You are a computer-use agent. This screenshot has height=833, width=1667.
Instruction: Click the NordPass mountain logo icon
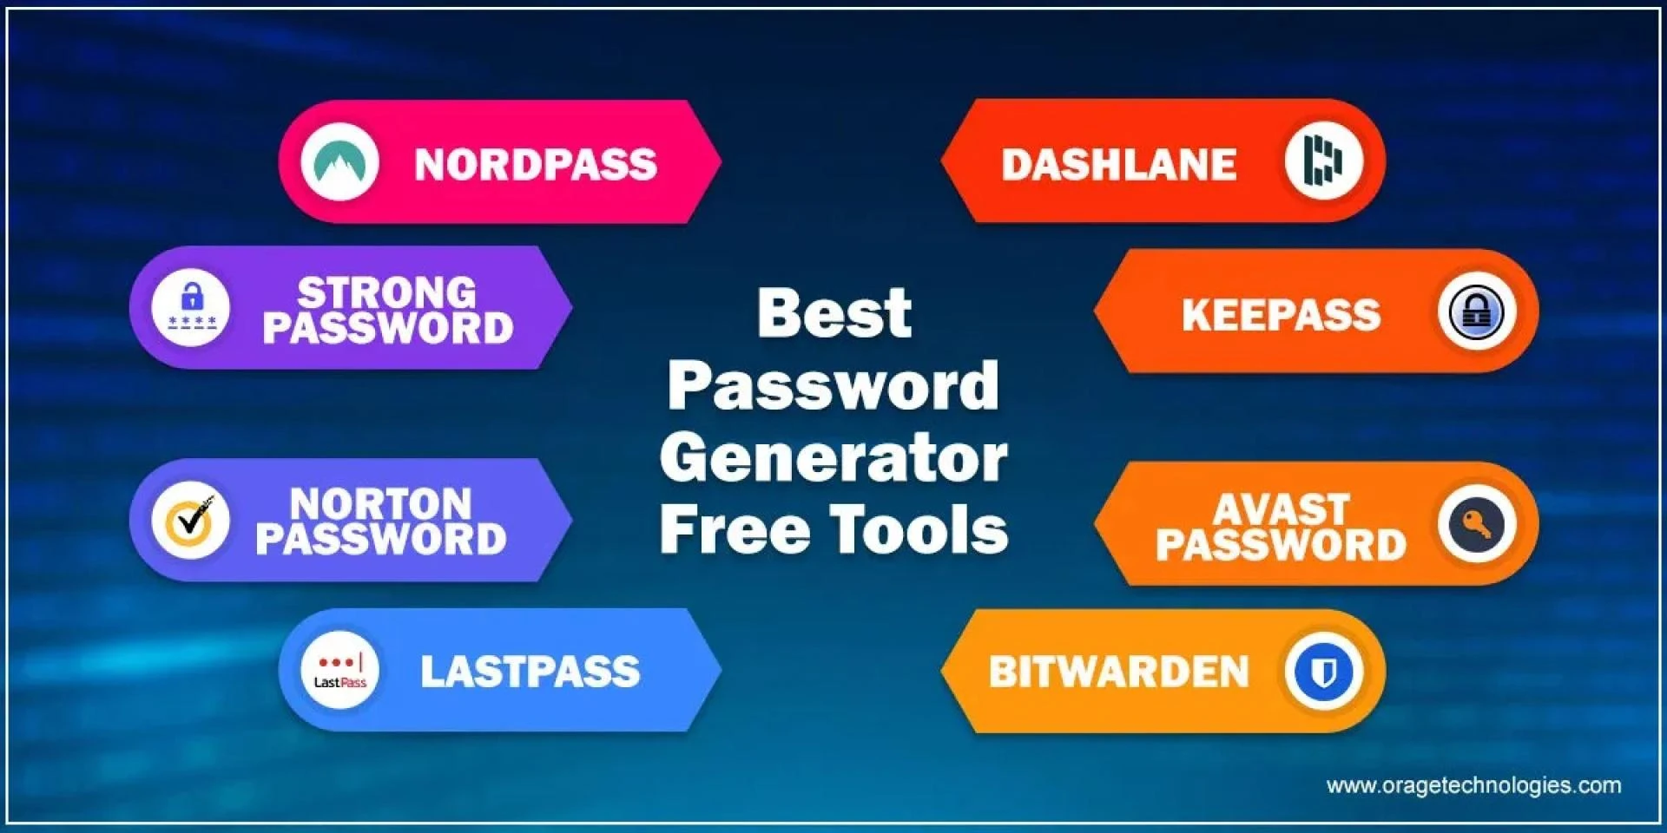[339, 162]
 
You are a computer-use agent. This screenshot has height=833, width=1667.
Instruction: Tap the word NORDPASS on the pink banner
[536, 165]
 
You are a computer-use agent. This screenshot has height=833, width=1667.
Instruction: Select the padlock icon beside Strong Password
[191, 307]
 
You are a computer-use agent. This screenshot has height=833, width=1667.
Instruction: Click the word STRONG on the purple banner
[387, 292]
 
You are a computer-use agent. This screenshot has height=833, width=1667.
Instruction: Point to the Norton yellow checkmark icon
[191, 520]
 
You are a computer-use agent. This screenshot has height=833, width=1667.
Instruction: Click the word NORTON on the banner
[380, 503]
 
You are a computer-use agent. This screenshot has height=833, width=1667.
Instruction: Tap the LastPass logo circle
[339, 670]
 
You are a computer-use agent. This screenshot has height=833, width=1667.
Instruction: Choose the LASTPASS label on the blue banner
[530, 672]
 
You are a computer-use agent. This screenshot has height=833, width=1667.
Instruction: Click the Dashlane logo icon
[1324, 161]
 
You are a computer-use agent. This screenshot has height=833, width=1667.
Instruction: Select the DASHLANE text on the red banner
[1119, 165]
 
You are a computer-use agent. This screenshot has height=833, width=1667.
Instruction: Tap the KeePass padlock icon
[1477, 312]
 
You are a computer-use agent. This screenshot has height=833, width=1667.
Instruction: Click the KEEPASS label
[1281, 315]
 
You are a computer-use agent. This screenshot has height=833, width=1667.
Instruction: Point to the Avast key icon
[1477, 524]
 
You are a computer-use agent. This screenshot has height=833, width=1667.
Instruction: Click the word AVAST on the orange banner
[1282, 508]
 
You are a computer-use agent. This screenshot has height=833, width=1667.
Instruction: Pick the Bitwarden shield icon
[1324, 671]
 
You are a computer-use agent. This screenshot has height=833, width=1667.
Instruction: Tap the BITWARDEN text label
[1119, 672]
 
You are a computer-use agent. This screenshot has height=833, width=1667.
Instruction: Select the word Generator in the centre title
[833, 457]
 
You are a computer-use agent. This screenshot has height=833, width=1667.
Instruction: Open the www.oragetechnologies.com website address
[1473, 785]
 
